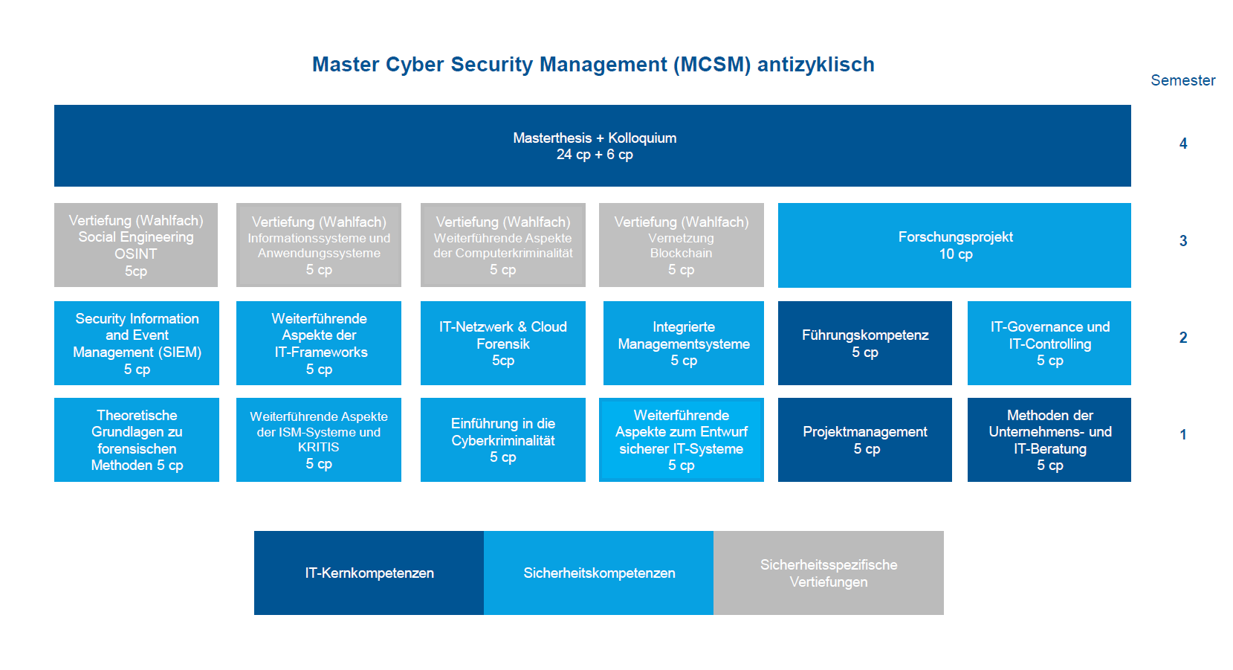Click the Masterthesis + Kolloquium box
(x=592, y=146)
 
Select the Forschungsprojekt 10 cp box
(x=954, y=245)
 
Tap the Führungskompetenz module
(x=865, y=343)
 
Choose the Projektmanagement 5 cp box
(x=865, y=440)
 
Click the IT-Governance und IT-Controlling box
(x=1049, y=343)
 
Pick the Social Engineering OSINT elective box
(x=136, y=245)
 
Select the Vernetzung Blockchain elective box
(x=682, y=245)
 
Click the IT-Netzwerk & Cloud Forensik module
(x=503, y=343)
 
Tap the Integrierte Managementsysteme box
(x=684, y=343)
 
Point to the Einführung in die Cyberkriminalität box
(x=503, y=440)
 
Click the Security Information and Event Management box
(x=137, y=343)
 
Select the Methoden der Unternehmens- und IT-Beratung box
(x=1049, y=440)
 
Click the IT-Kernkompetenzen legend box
(x=369, y=573)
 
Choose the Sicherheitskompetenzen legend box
(x=599, y=573)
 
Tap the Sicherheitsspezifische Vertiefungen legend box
(x=829, y=573)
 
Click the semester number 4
(x=1183, y=144)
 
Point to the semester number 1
(x=1183, y=435)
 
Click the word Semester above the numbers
(x=1183, y=80)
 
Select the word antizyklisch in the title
(x=816, y=65)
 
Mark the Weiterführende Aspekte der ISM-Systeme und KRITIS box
(x=319, y=440)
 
